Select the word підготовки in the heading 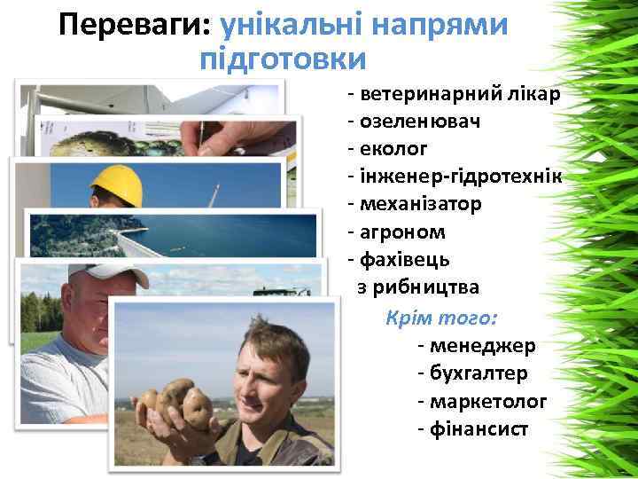[283, 59]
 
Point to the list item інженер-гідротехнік [455, 177]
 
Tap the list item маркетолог [487, 401]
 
